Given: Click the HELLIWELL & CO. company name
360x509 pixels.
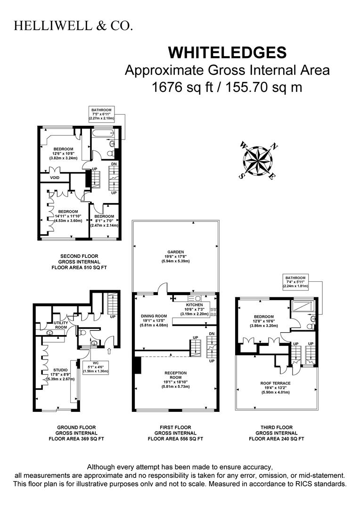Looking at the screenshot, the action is pos(73,26).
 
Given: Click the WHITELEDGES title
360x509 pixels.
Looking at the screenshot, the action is pos(227,53).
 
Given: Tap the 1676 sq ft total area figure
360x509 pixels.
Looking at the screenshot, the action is pos(182,87).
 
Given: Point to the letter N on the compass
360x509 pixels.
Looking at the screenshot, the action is pos(275,147).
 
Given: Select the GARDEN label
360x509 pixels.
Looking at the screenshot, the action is pos(176,252).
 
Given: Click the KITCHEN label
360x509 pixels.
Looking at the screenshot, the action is pos(195,305).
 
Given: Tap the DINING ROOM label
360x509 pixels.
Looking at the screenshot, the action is pos(154,316).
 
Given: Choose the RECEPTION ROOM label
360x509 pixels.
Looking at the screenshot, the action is pos(176,375).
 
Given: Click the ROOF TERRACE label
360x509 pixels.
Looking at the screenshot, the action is pos(275,383).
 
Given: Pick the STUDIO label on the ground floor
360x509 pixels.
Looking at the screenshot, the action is pos(61,370).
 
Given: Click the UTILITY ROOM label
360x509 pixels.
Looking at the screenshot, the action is pos(61,325).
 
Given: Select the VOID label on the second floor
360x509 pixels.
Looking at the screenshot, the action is pos(55,178).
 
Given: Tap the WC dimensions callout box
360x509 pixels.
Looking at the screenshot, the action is pos(96,367).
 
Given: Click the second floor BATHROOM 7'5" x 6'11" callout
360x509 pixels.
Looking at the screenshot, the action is pos(102,114).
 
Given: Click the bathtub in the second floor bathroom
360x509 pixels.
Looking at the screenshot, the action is pos(103,133).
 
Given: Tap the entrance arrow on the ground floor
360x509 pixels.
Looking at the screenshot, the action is pos(109,351).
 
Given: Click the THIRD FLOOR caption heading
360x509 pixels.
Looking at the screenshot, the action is pos(277,427).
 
